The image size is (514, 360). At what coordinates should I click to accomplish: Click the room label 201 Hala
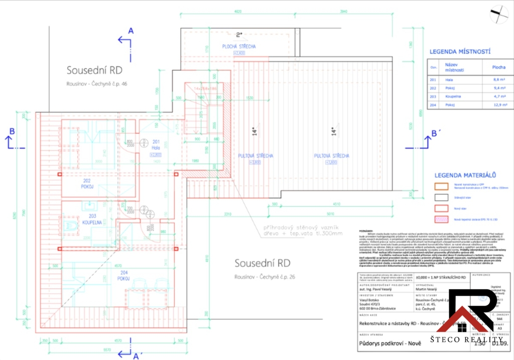[155, 145]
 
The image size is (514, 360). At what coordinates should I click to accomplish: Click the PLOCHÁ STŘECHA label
[239, 47]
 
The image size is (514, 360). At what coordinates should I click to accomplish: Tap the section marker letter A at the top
[131, 31]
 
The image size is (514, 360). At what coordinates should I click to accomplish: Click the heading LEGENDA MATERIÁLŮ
[465, 175]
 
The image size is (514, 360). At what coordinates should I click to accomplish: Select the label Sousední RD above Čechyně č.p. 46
[94, 70]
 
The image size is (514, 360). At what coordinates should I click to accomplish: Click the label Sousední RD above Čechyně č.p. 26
[263, 263]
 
